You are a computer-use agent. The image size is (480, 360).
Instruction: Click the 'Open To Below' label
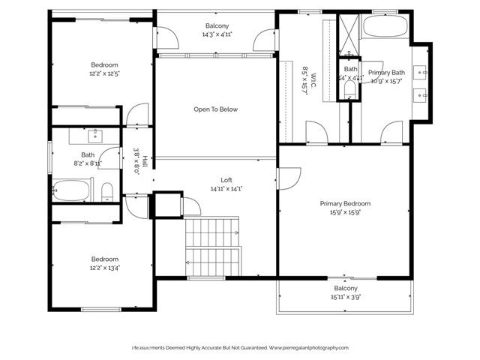[x=215, y=109]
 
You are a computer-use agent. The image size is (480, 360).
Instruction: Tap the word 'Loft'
[x=226, y=180]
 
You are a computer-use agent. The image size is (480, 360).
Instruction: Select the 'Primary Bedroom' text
[x=345, y=203]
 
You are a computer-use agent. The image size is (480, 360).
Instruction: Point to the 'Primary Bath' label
[x=386, y=73]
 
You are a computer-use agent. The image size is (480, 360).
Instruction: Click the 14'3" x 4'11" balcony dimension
[x=216, y=34]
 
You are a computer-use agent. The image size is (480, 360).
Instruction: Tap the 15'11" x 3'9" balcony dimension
[x=345, y=297]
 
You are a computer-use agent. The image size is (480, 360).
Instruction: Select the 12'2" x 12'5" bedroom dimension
[x=105, y=73]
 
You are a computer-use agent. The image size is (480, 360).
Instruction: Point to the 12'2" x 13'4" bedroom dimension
[x=105, y=267]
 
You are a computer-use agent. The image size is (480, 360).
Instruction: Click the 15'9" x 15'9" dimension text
[x=345, y=212]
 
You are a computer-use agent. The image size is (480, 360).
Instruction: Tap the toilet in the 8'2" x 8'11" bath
[x=107, y=190]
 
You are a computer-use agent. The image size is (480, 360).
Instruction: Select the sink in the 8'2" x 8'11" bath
[x=96, y=136]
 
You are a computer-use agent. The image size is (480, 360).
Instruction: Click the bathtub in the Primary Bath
[x=385, y=28]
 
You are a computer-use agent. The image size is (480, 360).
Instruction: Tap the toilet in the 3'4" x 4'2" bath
[x=349, y=89]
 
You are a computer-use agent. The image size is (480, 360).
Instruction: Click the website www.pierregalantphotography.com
[x=309, y=348]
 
